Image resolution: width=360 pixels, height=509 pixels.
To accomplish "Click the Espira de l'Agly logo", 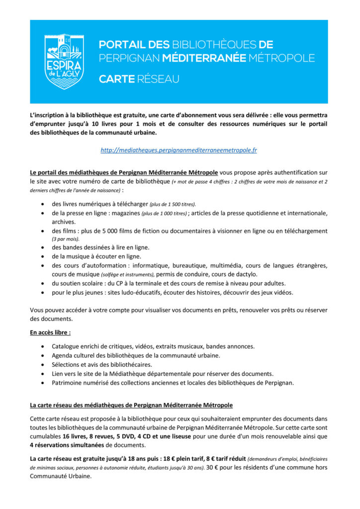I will [64, 62].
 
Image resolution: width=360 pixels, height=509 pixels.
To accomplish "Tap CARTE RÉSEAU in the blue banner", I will [139, 79].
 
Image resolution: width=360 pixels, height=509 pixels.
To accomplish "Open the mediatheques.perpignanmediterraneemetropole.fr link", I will [179, 150].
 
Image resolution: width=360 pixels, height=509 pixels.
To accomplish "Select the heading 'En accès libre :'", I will [50, 332].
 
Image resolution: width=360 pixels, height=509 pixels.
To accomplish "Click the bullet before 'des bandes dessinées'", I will [45, 248].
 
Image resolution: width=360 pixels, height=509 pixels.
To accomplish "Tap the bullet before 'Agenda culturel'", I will [45, 355].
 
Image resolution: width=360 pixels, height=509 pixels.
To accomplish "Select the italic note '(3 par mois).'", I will [66, 239].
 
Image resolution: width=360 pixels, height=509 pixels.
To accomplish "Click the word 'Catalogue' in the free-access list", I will [68, 346].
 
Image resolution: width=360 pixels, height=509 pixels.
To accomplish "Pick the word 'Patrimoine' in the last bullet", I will [69, 382].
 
